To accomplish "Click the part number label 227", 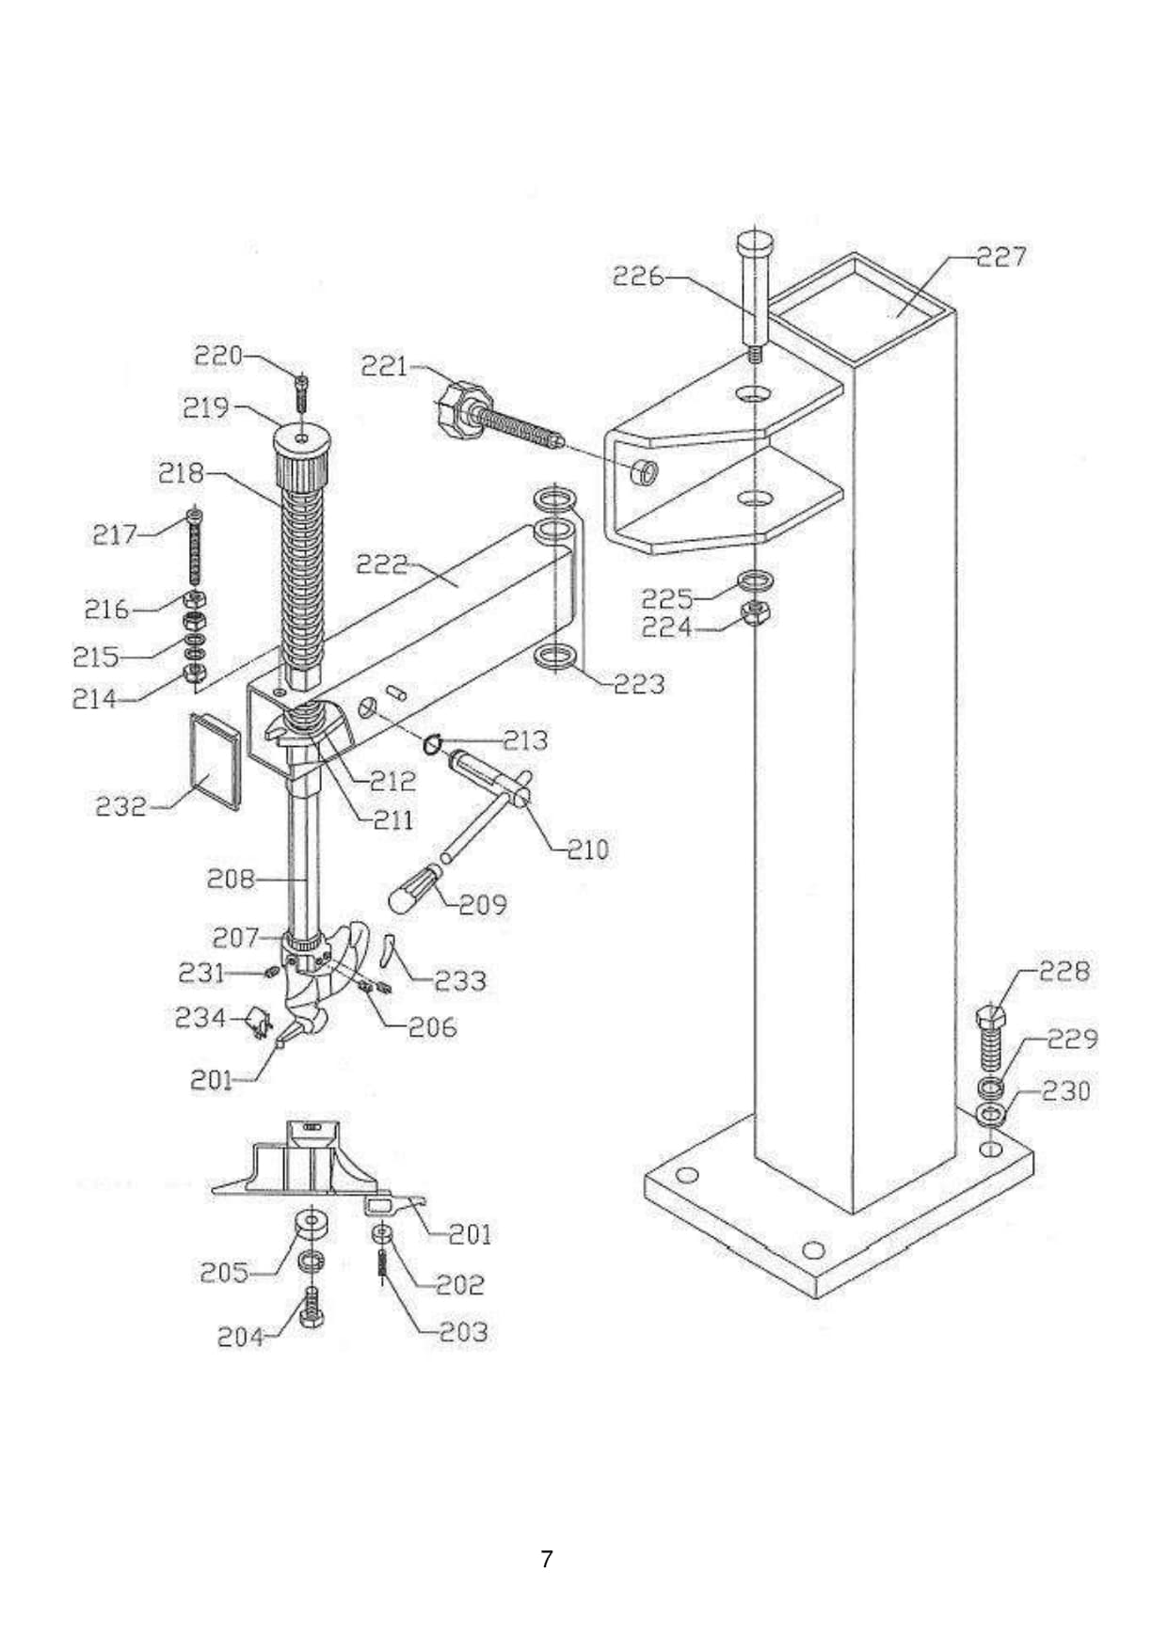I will point(1000,256).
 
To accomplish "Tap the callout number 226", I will point(637,277).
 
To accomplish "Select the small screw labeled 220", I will point(301,389).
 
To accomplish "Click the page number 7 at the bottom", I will point(547,1559).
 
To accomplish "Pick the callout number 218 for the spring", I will point(181,472).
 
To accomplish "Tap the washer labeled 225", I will point(757,579).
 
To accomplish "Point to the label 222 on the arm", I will point(382,564).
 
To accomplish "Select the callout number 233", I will point(460,981).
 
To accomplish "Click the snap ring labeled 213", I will point(432,745).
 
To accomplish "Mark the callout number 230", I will point(1065,1091).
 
